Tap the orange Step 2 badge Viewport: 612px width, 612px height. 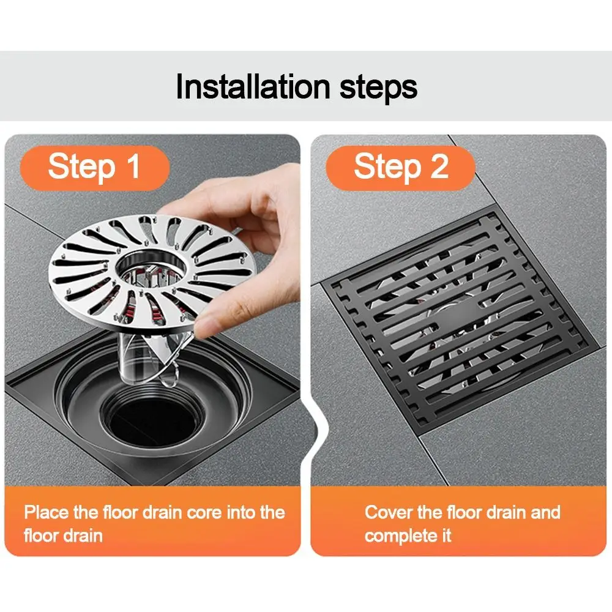pos(400,166)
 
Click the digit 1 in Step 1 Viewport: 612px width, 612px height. pos(133,166)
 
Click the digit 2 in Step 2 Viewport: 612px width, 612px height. pos(438,166)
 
